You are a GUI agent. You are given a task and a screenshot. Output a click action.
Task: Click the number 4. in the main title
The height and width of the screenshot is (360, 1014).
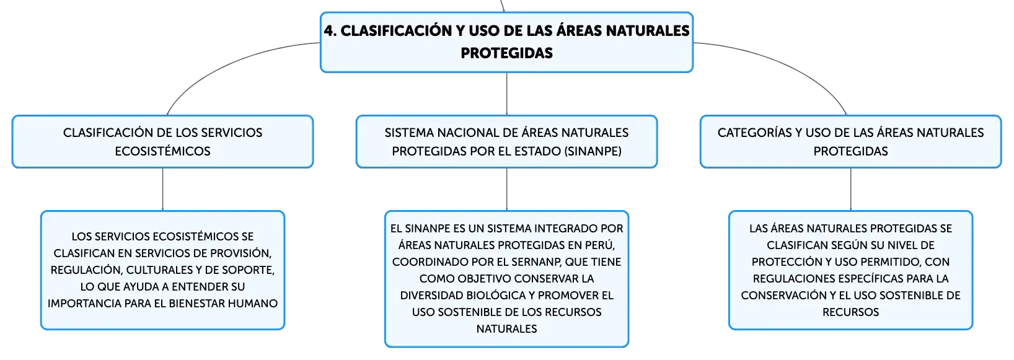pyautogui.click(x=330, y=31)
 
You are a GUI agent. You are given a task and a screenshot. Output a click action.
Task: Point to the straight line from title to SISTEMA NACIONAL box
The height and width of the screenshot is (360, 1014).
pyautogui.click(x=506, y=94)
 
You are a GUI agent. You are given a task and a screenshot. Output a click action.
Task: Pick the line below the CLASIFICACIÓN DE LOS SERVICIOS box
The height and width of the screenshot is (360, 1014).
pyautogui.click(x=162, y=189)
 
